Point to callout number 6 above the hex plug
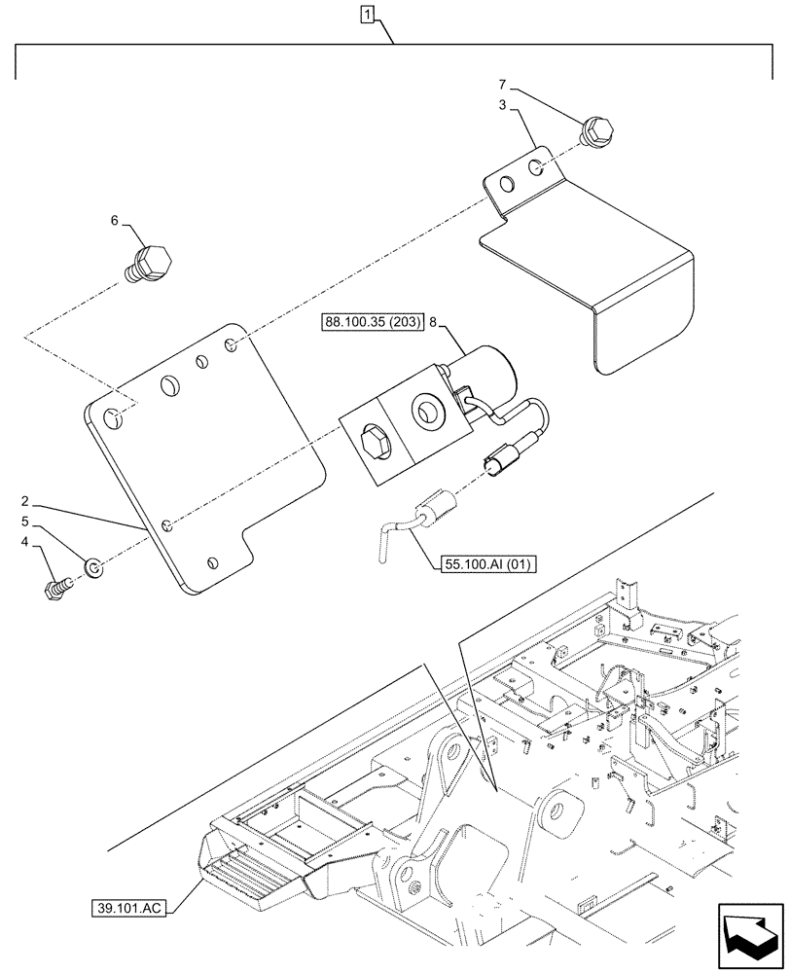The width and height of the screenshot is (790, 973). pyautogui.click(x=115, y=222)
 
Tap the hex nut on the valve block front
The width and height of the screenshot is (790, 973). pyautogui.click(x=374, y=445)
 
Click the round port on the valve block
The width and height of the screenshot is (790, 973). pyautogui.click(x=425, y=412)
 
